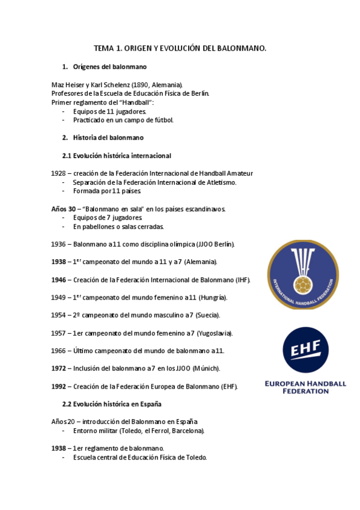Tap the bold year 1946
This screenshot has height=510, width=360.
(59, 280)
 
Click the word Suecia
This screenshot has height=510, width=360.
(207, 315)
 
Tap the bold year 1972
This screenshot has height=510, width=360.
(59, 368)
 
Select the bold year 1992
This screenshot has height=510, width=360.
(59, 386)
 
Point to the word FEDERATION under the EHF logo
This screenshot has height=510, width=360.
(305, 391)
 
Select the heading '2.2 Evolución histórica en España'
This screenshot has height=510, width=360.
(112, 404)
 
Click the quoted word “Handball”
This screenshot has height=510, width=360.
(136, 102)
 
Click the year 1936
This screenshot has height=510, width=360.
(59, 244)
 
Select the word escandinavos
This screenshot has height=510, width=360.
(203, 209)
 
